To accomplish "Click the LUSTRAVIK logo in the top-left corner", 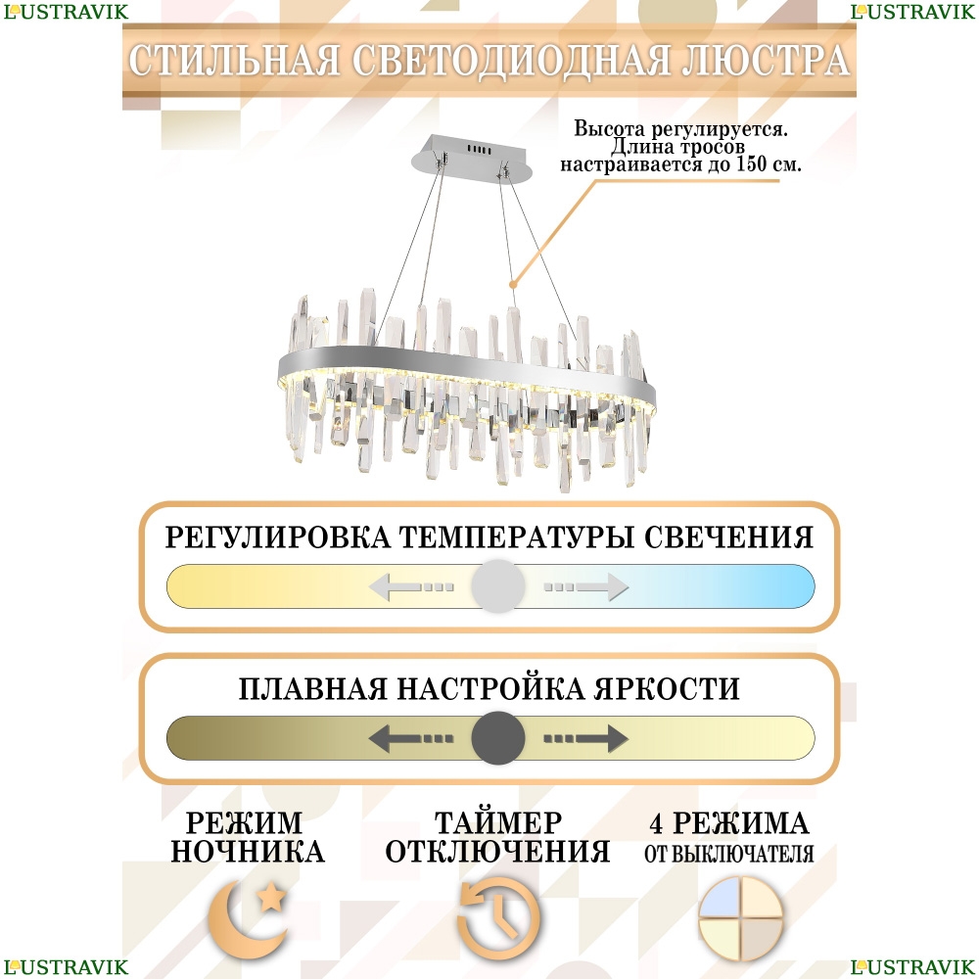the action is [66, 12].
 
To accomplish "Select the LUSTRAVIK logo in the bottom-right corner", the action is [912, 967].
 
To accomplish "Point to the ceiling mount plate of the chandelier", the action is [473, 158].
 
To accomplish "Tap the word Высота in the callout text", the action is [609, 128].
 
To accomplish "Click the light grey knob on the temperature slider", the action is [497, 586].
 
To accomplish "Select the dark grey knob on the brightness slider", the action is [497, 738].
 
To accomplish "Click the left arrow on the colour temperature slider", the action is [411, 586].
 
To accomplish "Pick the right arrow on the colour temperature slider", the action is [585, 586].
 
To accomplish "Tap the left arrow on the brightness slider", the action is [411, 738].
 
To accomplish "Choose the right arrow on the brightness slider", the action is [585, 738].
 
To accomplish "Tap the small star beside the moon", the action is [271, 897].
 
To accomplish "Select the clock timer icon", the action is [498, 918].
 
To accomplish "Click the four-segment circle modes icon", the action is [740, 918].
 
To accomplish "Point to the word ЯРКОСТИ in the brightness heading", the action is [666, 688].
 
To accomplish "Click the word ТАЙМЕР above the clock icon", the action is [498, 823].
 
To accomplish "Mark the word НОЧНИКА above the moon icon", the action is [248, 852].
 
